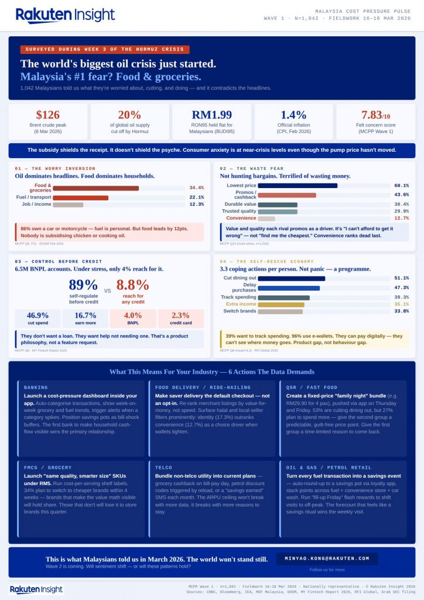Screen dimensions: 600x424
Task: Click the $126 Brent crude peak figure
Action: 48,115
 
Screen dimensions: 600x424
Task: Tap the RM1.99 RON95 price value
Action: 212,115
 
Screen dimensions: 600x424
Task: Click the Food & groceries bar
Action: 95,188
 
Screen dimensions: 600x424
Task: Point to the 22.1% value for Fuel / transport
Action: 196,197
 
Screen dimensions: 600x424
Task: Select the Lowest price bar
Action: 298,186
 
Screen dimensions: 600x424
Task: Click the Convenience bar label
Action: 241,218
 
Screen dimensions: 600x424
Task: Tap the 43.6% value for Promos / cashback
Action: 401,195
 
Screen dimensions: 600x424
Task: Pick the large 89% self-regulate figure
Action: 83,285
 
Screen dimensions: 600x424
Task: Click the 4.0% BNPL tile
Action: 133,318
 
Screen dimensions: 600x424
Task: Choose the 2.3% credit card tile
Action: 180,318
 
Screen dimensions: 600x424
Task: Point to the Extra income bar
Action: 281,304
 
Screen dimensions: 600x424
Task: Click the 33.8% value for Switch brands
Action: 401,311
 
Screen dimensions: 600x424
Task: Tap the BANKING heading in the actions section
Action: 36,387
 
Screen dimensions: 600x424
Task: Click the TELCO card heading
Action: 163,468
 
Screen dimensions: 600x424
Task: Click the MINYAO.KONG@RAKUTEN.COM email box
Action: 327,558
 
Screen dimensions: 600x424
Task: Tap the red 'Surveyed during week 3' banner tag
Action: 105,50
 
